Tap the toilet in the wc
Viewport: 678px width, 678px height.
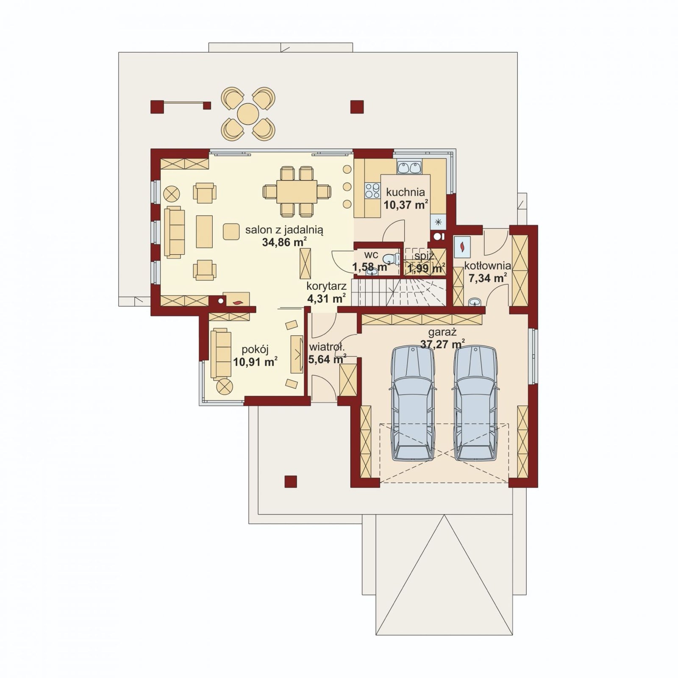click(391, 258)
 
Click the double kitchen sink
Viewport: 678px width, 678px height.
click(409, 168)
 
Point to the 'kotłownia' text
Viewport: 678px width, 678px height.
click(487, 266)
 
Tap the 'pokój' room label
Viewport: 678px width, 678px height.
click(255, 350)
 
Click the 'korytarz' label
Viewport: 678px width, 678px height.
click(326, 286)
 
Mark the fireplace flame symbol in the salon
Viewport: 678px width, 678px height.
click(238, 302)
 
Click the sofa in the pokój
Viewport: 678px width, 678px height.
click(221, 353)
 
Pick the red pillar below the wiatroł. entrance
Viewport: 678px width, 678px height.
click(291, 481)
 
